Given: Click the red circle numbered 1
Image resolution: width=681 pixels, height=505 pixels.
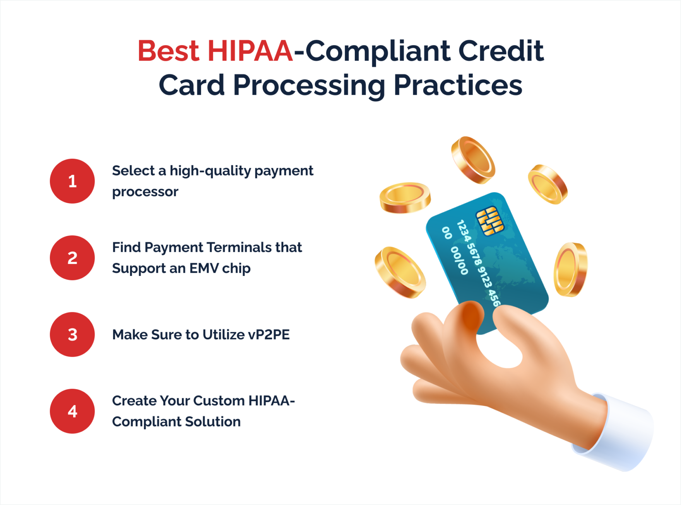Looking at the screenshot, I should point(72,181).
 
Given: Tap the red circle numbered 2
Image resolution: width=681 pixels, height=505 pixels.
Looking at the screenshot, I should point(72,258).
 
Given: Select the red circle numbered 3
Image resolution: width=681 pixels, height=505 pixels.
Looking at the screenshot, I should point(72,334).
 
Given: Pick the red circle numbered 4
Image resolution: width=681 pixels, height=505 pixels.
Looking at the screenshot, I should point(72,411).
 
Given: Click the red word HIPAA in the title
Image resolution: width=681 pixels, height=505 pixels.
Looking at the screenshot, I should point(250,51).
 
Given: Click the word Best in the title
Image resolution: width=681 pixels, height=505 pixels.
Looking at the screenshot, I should point(168,51).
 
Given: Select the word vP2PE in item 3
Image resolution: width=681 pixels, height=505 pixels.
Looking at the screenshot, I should point(269,335).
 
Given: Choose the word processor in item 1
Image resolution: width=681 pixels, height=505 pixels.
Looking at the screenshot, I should point(145,192).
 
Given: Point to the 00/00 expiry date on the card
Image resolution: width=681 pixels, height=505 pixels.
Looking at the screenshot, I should point(459,261).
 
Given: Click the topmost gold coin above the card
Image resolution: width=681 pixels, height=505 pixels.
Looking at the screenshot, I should point(473,160).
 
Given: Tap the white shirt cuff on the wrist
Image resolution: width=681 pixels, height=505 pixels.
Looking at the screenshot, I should point(619,433).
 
